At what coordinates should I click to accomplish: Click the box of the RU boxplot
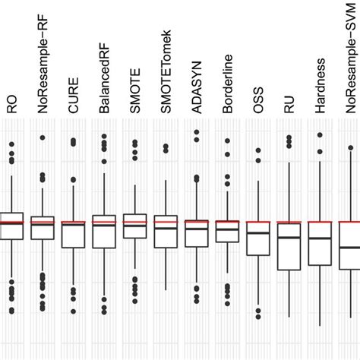pos(289,245)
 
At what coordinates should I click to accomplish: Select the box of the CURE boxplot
pos(73,235)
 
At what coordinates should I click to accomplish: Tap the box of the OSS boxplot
pos(258,238)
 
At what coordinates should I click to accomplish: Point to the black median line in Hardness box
pos(320,238)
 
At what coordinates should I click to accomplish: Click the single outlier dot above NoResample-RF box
pos(43,137)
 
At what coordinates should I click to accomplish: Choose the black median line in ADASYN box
pos(197,228)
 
